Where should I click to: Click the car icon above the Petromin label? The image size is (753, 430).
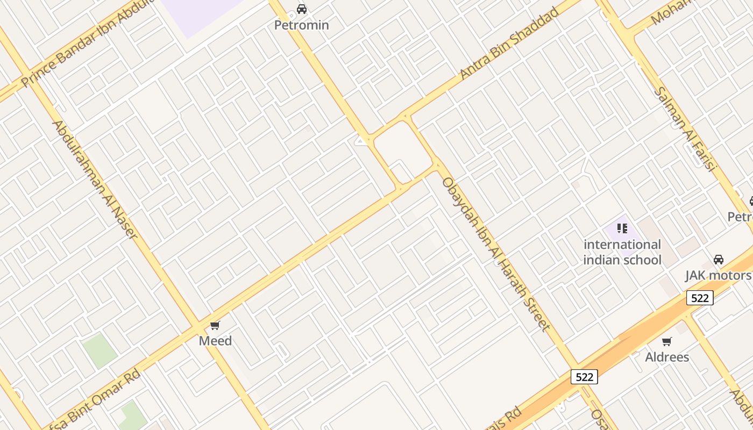pyautogui.click(x=302, y=9)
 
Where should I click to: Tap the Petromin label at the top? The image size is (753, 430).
pyautogui.click(x=302, y=25)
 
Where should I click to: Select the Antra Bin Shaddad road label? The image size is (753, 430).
pyautogui.click(x=509, y=44)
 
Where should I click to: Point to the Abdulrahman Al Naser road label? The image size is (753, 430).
pyautogui.click(x=95, y=180)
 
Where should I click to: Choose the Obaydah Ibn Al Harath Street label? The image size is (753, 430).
pyautogui.click(x=495, y=253)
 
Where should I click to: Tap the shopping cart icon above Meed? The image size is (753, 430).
pyautogui.click(x=215, y=325)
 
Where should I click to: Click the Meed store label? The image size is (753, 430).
pyautogui.click(x=215, y=341)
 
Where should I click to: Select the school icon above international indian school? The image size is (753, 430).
pyautogui.click(x=622, y=228)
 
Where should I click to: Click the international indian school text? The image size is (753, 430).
pyautogui.click(x=622, y=252)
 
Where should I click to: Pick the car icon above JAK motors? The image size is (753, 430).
pyautogui.click(x=719, y=260)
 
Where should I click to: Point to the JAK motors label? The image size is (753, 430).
pyautogui.click(x=718, y=276)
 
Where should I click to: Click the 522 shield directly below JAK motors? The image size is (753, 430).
pyautogui.click(x=700, y=298)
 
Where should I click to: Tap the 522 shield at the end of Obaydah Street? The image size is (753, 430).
pyautogui.click(x=584, y=377)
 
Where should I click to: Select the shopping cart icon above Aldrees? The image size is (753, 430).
pyautogui.click(x=667, y=341)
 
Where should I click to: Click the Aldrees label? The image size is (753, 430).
pyautogui.click(x=667, y=357)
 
